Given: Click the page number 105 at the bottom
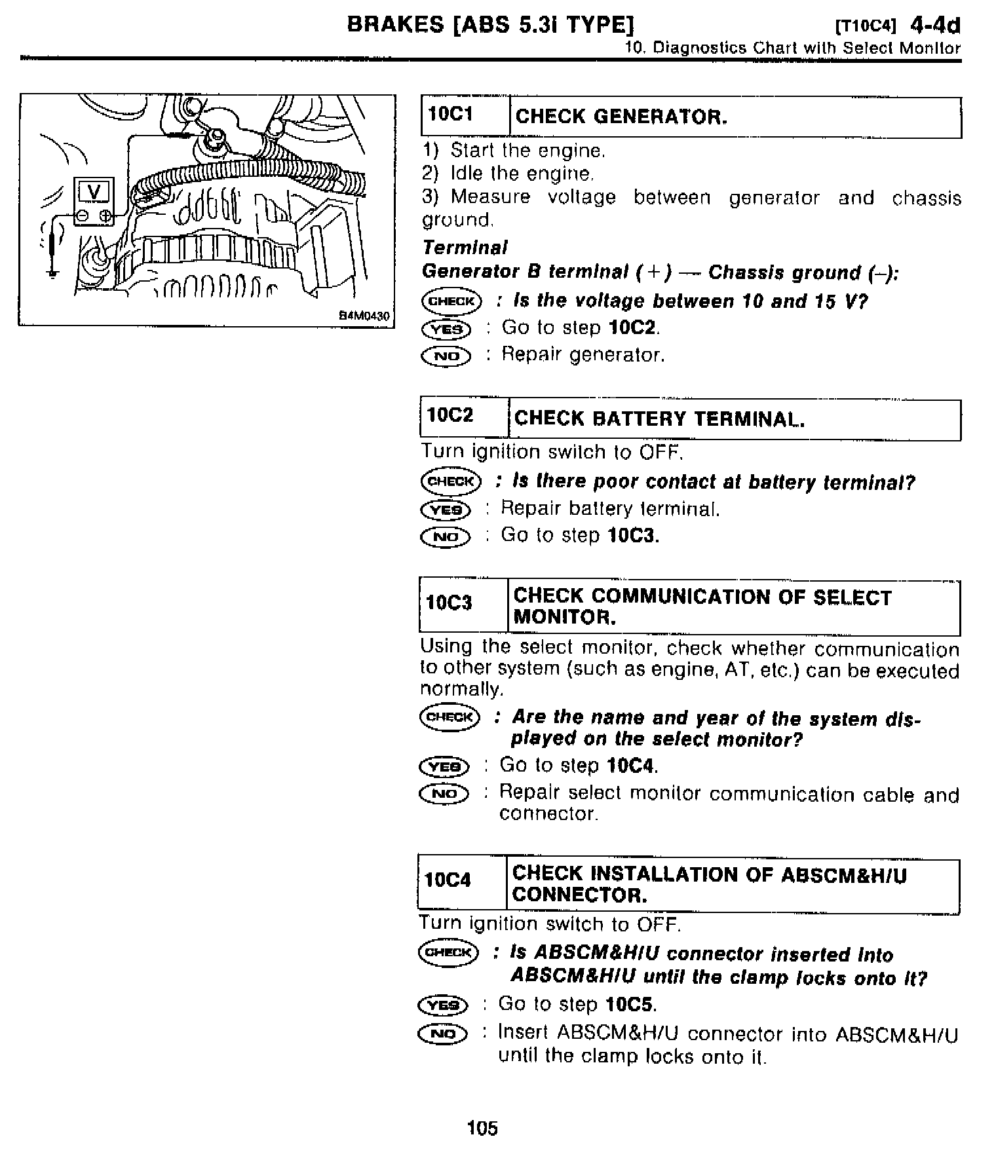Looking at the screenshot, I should coord(482,1128).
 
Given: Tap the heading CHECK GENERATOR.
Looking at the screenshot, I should coord(621,117).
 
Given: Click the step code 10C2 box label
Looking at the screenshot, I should coord(450,415).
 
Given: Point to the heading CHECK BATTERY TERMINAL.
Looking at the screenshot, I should coord(659,419).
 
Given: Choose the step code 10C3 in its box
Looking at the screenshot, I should coord(449,603).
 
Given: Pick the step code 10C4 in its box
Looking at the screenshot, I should coord(448,880).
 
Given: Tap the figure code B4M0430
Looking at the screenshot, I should coord(364,316).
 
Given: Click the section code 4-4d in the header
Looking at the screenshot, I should coord(935,26).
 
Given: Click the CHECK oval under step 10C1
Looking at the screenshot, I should coord(451,301).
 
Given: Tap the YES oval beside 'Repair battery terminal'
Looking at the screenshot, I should coord(446,510).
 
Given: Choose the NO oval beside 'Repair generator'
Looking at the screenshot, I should coord(446,356).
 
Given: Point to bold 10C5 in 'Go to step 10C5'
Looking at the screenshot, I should coord(630,1005).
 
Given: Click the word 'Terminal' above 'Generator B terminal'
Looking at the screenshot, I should coord(465,248).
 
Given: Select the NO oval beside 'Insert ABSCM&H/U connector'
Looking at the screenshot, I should coord(443,1034).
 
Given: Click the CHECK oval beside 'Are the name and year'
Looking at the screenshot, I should coord(450,717).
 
